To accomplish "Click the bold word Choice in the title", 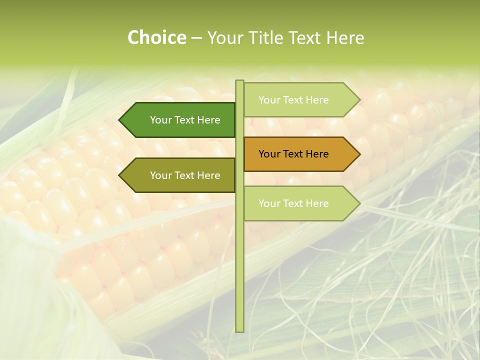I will (x=156, y=37).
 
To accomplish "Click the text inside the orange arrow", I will (x=293, y=154).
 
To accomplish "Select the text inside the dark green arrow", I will (x=185, y=120).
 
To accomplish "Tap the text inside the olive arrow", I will (x=185, y=175).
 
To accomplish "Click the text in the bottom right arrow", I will (x=293, y=203).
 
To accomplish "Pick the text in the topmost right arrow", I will (x=293, y=100).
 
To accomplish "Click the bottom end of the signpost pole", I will (x=239, y=330).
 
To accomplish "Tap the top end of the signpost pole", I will (x=239, y=82).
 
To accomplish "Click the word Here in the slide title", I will (x=345, y=37).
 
